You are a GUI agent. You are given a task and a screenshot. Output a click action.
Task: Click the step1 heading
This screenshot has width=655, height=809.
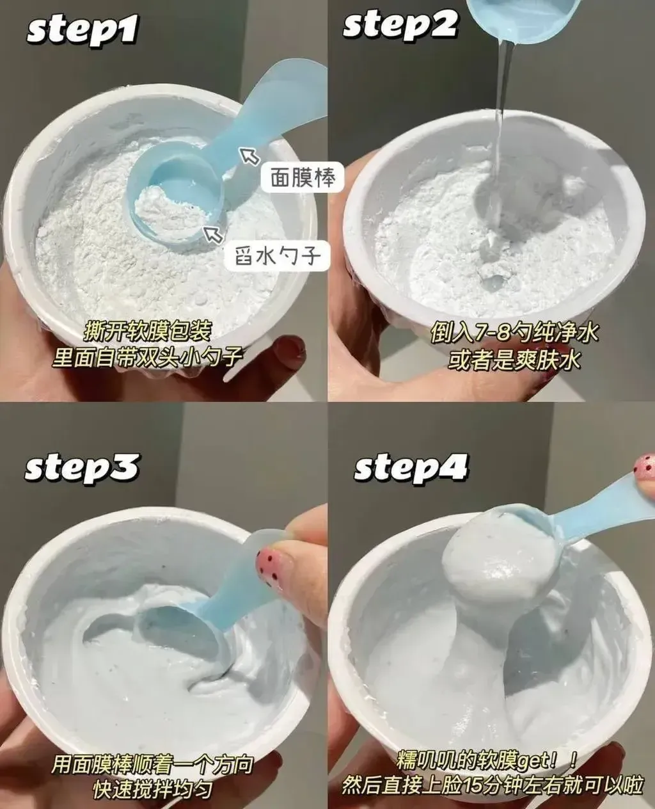coord(83,29)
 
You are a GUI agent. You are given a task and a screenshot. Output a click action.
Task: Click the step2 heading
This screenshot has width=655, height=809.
coord(400,23)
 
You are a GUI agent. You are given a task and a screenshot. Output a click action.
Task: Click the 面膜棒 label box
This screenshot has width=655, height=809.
coord(303,177)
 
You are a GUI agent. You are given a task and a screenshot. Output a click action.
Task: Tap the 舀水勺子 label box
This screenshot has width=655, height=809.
coord(278,255)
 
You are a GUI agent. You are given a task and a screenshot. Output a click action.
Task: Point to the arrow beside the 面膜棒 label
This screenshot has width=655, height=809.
coord(249,156)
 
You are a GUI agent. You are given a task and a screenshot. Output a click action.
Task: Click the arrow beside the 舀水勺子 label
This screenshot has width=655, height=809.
coord(213,234)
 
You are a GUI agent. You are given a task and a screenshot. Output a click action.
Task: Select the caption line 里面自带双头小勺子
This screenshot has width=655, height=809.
coord(147,356)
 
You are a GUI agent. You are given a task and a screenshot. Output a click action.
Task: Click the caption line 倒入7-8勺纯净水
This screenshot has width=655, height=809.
coord(514,333)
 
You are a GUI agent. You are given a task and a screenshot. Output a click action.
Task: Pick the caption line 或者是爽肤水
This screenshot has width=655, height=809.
coord(514,359)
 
